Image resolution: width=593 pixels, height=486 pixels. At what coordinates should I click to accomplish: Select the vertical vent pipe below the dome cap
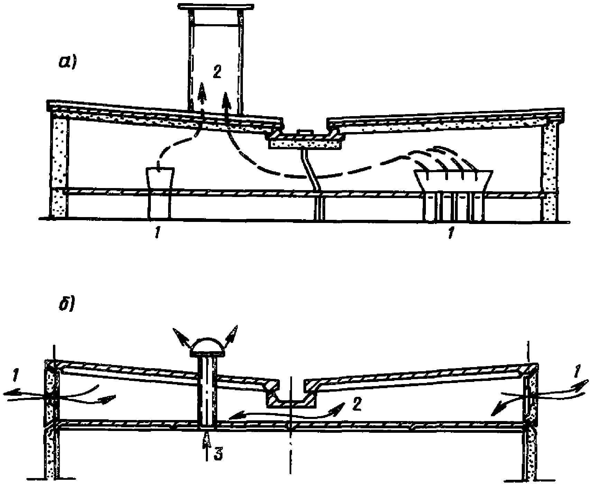pyautogui.click(x=207, y=391)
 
